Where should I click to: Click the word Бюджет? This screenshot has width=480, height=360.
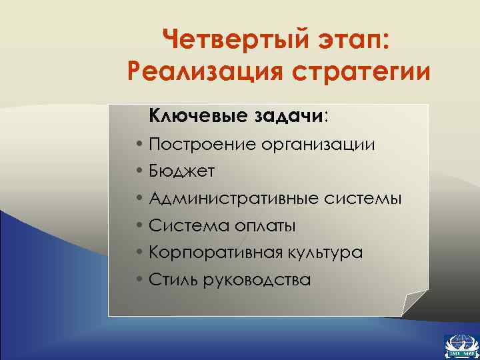coord(182,171)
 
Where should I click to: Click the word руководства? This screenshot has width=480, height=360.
coord(256,281)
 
